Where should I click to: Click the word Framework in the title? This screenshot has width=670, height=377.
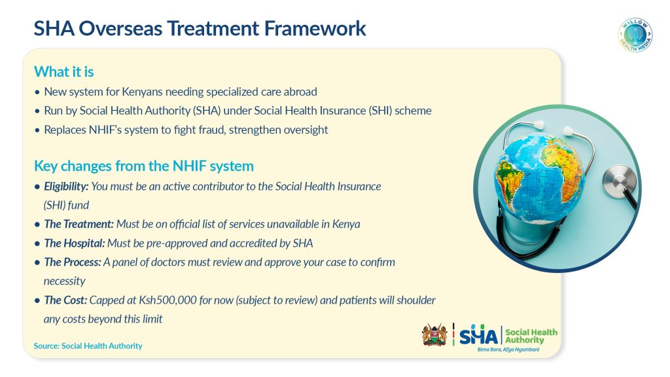(x=315, y=29)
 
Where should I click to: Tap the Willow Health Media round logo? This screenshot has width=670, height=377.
(x=635, y=35)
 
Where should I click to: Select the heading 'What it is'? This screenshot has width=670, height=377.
(x=64, y=72)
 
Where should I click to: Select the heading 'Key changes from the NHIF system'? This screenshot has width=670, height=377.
(x=144, y=166)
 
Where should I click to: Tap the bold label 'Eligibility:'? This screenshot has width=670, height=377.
(x=66, y=187)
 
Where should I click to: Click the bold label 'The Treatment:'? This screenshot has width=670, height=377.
(x=79, y=224)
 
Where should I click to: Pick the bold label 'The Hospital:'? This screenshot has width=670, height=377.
(x=75, y=243)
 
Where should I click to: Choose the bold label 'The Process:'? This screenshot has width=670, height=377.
(x=73, y=262)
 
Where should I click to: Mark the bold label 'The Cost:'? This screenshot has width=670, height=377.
(x=65, y=300)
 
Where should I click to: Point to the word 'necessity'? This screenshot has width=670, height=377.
(x=65, y=281)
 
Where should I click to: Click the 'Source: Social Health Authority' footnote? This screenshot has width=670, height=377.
(x=88, y=346)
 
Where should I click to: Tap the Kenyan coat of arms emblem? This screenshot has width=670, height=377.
(x=434, y=334)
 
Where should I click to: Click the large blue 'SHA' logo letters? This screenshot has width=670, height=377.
(x=478, y=335)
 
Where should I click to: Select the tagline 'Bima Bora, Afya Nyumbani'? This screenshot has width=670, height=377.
(x=508, y=350)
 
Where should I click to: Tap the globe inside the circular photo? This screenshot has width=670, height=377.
(x=538, y=178)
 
